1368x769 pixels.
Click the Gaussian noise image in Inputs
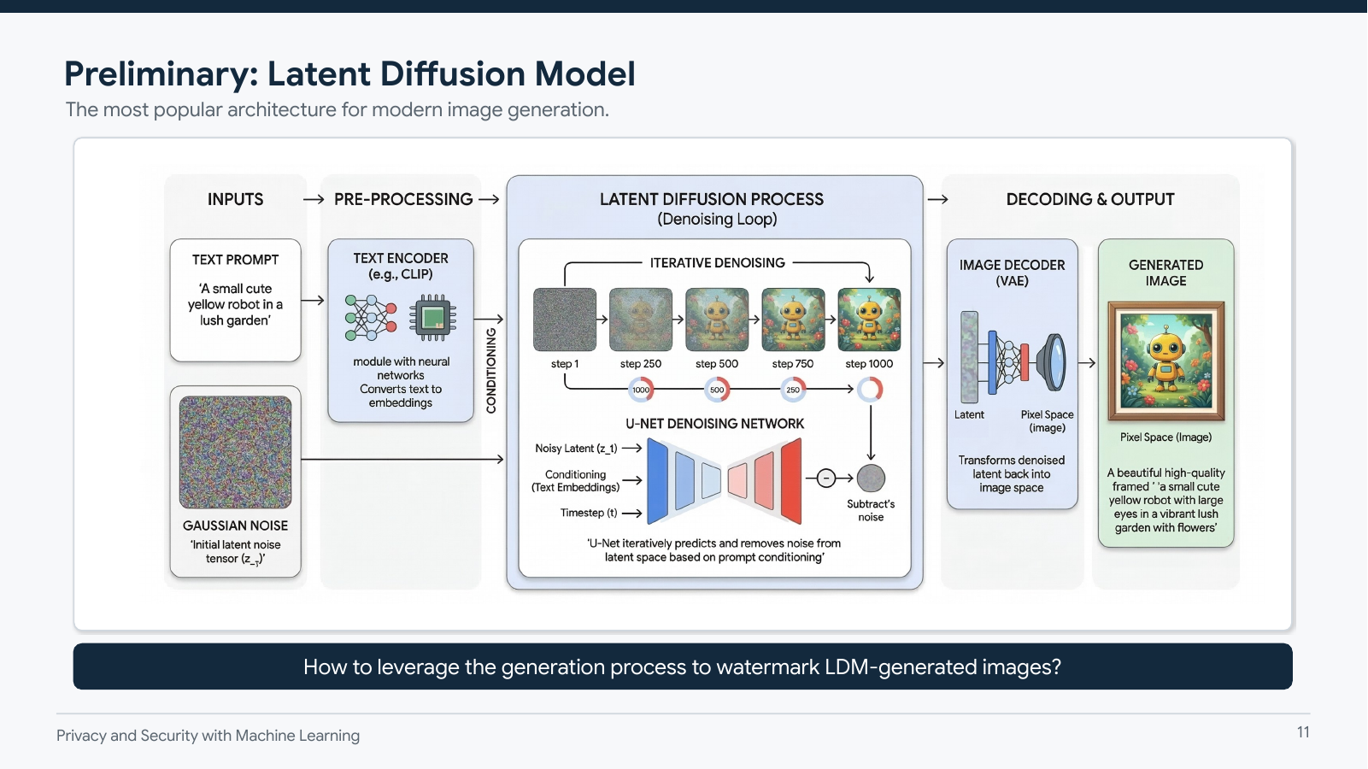click(x=235, y=452)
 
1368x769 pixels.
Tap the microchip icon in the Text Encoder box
click(x=432, y=318)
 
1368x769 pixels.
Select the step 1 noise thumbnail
click(x=565, y=320)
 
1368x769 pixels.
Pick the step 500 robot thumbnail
click(x=717, y=320)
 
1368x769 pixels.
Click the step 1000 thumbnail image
click(x=869, y=320)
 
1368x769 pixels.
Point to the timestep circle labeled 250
click(x=793, y=390)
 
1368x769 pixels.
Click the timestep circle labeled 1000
click(x=641, y=390)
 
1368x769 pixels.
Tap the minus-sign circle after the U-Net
click(x=825, y=478)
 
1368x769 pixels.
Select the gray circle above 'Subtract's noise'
click(x=871, y=478)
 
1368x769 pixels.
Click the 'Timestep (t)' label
click(x=588, y=513)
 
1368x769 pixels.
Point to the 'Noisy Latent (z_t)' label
click(x=576, y=448)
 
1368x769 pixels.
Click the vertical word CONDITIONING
click(x=491, y=371)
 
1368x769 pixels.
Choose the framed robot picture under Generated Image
click(x=1165, y=361)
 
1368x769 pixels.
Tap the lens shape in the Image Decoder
click(x=1053, y=362)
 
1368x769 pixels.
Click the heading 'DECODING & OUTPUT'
click(x=1089, y=199)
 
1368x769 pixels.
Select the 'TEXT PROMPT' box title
click(x=235, y=260)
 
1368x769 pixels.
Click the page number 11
click(x=1302, y=732)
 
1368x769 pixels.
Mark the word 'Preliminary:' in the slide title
click(x=161, y=74)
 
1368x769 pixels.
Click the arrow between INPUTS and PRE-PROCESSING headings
click(x=314, y=199)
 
